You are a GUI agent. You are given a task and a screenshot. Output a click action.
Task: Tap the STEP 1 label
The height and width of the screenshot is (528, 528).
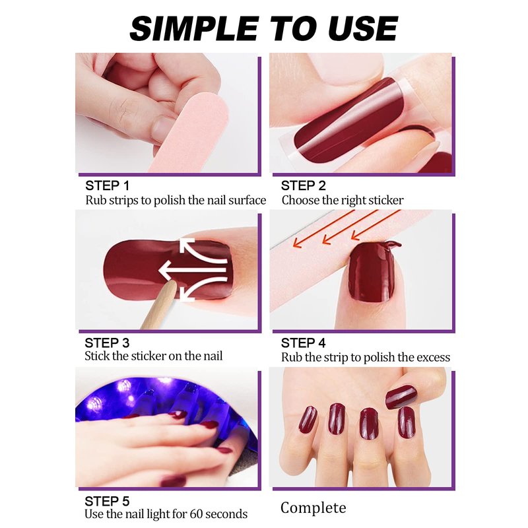pos(107,185)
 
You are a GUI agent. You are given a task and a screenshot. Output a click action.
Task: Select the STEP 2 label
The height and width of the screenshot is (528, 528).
pos(303,185)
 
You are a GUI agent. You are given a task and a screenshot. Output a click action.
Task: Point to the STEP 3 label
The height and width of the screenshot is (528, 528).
pos(107,343)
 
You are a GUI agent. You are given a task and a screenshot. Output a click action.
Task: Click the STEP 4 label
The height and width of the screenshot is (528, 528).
pos(303,343)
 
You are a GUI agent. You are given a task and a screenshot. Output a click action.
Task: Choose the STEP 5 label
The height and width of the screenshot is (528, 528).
pos(107,501)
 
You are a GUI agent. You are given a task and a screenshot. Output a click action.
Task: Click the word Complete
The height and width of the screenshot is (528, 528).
pos(313,508)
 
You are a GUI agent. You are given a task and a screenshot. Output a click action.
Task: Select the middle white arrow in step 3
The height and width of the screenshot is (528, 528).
pos(193,270)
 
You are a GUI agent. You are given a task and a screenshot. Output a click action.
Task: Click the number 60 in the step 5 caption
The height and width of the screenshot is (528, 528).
pos(196,514)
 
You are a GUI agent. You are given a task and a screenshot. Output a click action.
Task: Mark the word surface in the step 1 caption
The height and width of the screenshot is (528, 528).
pos(247,201)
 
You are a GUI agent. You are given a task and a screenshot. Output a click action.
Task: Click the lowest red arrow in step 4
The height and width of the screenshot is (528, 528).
pos(376,225)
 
